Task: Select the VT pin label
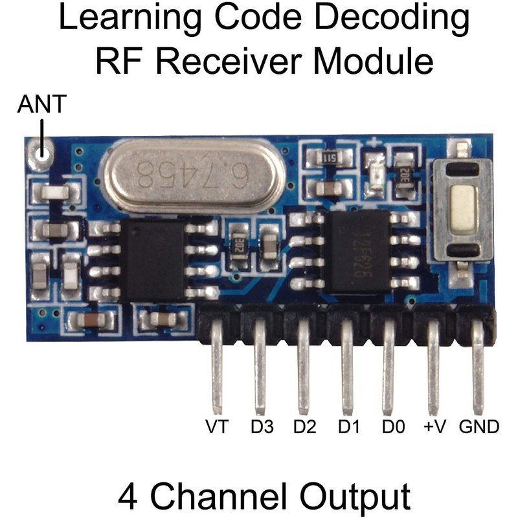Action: point(217,427)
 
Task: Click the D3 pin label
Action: point(262,427)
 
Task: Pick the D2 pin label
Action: point(304,427)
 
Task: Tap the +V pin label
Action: point(433,427)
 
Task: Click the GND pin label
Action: point(479,427)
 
